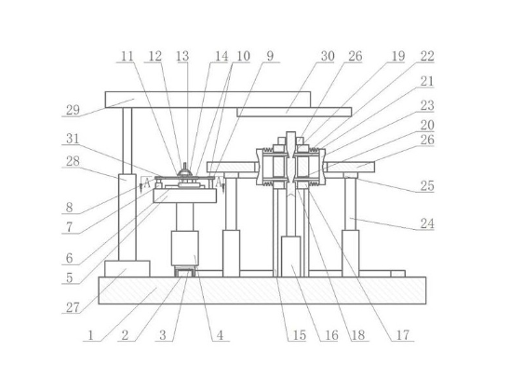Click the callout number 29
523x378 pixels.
(73, 110)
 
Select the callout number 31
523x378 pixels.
(73, 139)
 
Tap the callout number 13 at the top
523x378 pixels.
(182, 56)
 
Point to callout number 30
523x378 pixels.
(328, 56)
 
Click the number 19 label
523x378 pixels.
(398, 56)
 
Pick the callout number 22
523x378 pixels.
(427, 56)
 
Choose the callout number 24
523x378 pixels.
(427, 223)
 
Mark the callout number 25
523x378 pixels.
(427, 185)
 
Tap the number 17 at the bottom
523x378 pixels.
(403, 334)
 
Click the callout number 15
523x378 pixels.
(300, 335)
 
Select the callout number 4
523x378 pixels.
(220, 335)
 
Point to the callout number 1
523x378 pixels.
(90, 335)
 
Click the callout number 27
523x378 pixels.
(73, 307)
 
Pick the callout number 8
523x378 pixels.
(70, 208)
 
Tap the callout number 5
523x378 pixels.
(70, 277)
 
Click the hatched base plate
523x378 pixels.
(262, 290)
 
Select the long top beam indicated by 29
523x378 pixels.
(208, 100)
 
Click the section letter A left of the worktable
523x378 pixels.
(147, 183)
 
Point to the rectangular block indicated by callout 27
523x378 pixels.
(127, 269)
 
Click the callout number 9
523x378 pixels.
(270, 56)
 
